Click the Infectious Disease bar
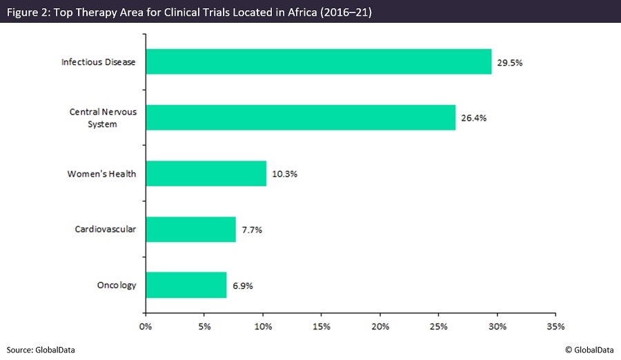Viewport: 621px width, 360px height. [318, 61]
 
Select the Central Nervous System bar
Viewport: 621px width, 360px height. [300, 117]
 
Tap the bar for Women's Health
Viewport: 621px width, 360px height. [206, 173]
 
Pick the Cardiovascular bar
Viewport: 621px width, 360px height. [190, 229]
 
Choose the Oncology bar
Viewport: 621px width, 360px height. [186, 285]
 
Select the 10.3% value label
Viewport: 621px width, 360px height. [284, 173]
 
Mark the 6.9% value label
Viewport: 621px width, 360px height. [241, 285]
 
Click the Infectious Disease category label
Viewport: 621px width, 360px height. [98, 61]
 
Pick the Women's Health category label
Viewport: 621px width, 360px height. [101, 173]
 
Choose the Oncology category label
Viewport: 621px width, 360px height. [117, 285]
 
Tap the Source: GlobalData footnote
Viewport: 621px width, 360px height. [41, 350]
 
